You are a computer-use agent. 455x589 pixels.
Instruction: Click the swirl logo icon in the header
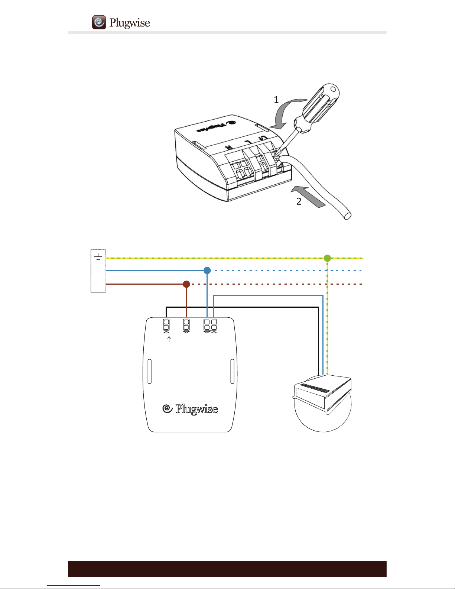[x=99, y=22]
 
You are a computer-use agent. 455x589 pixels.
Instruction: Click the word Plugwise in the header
[x=130, y=23]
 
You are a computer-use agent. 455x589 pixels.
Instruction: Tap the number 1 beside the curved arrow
[x=276, y=100]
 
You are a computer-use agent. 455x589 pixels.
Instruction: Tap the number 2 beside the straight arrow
[x=299, y=201]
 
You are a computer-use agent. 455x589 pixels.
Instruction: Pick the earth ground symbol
[x=98, y=257]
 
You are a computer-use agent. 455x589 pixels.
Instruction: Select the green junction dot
[x=327, y=258]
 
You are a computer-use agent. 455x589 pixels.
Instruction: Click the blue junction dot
[x=207, y=271]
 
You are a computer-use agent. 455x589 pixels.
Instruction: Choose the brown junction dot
[x=186, y=284]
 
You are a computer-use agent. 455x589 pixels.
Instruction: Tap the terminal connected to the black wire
[x=166, y=325]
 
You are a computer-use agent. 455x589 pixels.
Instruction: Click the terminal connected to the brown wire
[x=186, y=325]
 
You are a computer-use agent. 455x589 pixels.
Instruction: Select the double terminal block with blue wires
[x=210, y=325]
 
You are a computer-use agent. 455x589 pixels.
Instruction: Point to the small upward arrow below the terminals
[x=169, y=339]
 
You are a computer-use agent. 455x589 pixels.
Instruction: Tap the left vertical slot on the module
[x=149, y=371]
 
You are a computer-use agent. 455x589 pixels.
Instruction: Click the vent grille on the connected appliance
[x=314, y=388]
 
